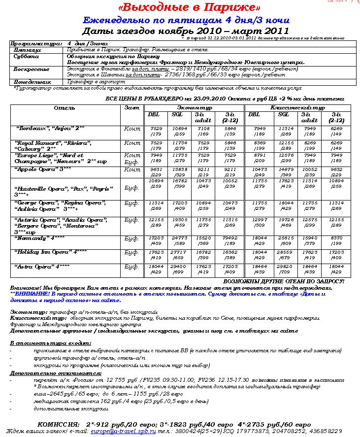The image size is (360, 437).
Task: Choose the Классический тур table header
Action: point(298,107)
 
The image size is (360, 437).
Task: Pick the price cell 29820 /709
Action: point(283,269)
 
